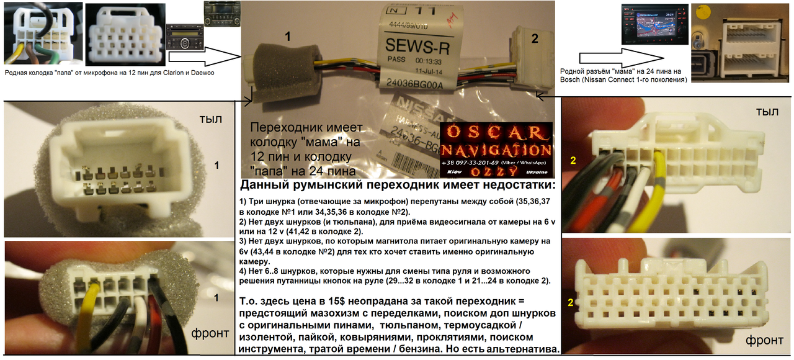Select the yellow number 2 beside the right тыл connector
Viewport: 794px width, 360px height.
click(573, 160)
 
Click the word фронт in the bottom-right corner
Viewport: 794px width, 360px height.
click(763, 340)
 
